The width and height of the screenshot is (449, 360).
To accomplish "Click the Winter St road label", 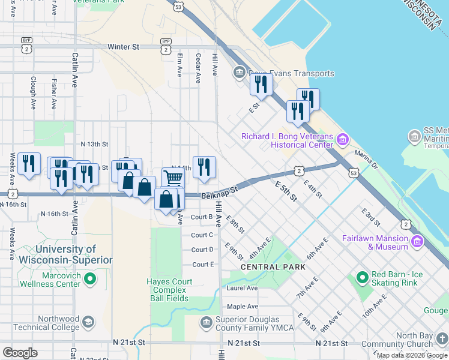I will point(123,47).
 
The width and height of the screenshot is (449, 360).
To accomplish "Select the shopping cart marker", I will point(173,178).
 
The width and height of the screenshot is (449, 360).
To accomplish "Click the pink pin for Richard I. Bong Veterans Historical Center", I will point(342,140).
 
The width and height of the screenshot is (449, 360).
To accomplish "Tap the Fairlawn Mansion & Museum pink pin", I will point(417,242).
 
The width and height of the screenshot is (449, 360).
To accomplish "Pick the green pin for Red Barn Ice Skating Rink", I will point(362,278).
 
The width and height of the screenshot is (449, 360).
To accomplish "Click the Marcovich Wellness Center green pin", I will point(90,278).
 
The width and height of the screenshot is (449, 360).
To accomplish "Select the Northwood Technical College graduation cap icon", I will point(88,323).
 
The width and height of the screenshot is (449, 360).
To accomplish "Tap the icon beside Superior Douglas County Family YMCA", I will point(206,323).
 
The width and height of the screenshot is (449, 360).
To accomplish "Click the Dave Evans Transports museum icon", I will point(240,73).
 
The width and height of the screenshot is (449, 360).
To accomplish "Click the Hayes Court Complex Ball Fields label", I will point(170,290).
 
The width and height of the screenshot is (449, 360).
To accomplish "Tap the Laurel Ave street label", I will point(242,288).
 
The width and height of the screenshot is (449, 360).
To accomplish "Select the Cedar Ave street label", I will point(197,67).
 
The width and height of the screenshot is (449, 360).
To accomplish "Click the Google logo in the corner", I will point(20,353).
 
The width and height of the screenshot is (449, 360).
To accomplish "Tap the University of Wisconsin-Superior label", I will point(74,254).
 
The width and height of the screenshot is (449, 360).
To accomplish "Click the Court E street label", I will point(203,265).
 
